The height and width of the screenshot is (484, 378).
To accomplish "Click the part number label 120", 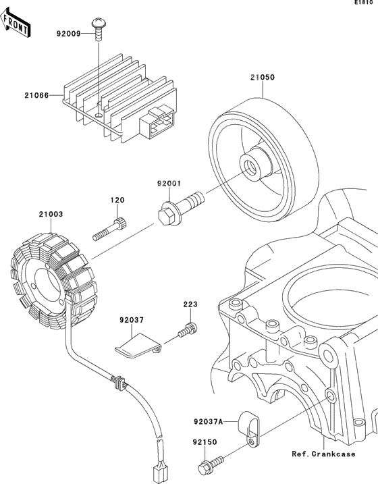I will (119, 201).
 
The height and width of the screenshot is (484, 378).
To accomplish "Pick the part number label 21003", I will (50, 214).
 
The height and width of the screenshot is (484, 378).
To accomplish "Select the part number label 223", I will (190, 304).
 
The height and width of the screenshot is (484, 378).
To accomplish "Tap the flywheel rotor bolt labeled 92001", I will (178, 207).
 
